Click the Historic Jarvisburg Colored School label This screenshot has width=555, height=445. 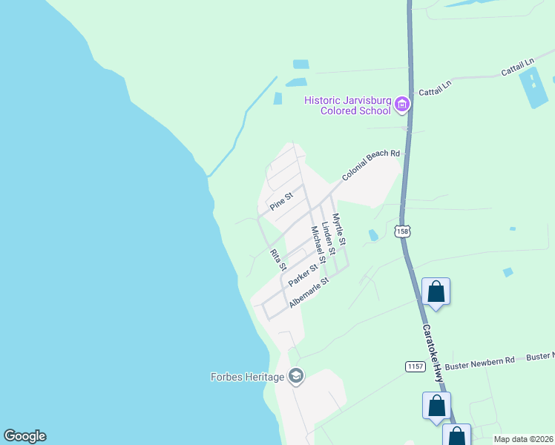click(347, 105)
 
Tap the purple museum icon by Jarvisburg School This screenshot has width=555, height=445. click(402, 104)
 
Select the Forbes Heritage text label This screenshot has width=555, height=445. click(248, 377)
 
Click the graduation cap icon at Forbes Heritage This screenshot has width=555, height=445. click(296, 377)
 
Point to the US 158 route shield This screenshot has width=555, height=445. click(402, 231)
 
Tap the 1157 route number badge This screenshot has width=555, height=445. click(415, 366)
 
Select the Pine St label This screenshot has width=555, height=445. click(282, 202)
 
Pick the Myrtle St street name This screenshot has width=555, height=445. click(339, 230)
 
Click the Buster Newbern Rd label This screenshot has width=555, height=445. click(479, 360)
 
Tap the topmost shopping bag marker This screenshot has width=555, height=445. click(436, 291)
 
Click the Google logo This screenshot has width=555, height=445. click(24, 436)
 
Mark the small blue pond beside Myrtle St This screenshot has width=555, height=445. click(373, 235)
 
